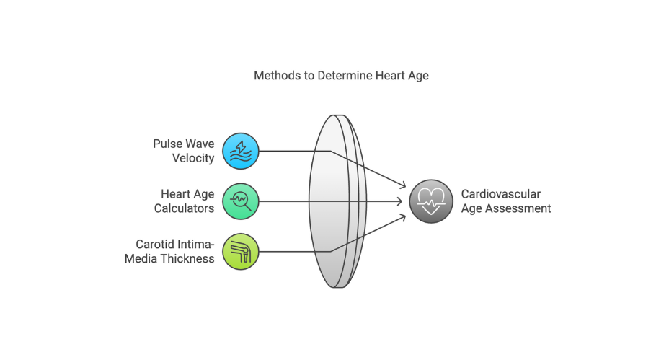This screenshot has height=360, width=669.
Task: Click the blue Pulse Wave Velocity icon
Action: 240,151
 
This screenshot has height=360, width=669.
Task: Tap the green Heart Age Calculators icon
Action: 240,201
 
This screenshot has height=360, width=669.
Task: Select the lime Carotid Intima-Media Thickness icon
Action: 240,252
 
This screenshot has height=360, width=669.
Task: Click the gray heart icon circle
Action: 431,201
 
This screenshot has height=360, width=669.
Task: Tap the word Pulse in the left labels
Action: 168,144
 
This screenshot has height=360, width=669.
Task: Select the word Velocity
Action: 193,158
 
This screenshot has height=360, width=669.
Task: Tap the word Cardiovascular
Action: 500,194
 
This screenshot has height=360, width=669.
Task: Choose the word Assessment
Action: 521,208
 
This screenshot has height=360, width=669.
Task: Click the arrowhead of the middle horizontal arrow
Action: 402,201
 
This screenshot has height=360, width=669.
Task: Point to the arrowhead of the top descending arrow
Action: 402,187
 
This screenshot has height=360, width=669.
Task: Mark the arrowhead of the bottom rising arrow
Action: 402,216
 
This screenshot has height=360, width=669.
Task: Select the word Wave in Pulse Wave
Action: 200,144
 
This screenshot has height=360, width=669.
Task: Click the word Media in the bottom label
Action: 140,259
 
